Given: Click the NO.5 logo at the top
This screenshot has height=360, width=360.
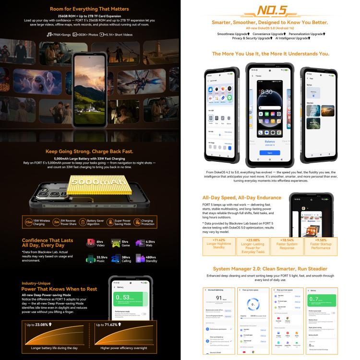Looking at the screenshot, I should coord(270,11).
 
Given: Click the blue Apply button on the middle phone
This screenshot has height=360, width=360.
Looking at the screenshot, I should coord(270,153).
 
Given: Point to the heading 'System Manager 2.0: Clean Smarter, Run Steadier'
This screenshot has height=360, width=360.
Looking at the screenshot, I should coord(270,269).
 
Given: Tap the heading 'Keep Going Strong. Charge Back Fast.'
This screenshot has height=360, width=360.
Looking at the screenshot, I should coord(89,151).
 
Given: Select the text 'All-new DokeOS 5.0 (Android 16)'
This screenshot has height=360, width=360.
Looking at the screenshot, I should coord(270,28).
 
